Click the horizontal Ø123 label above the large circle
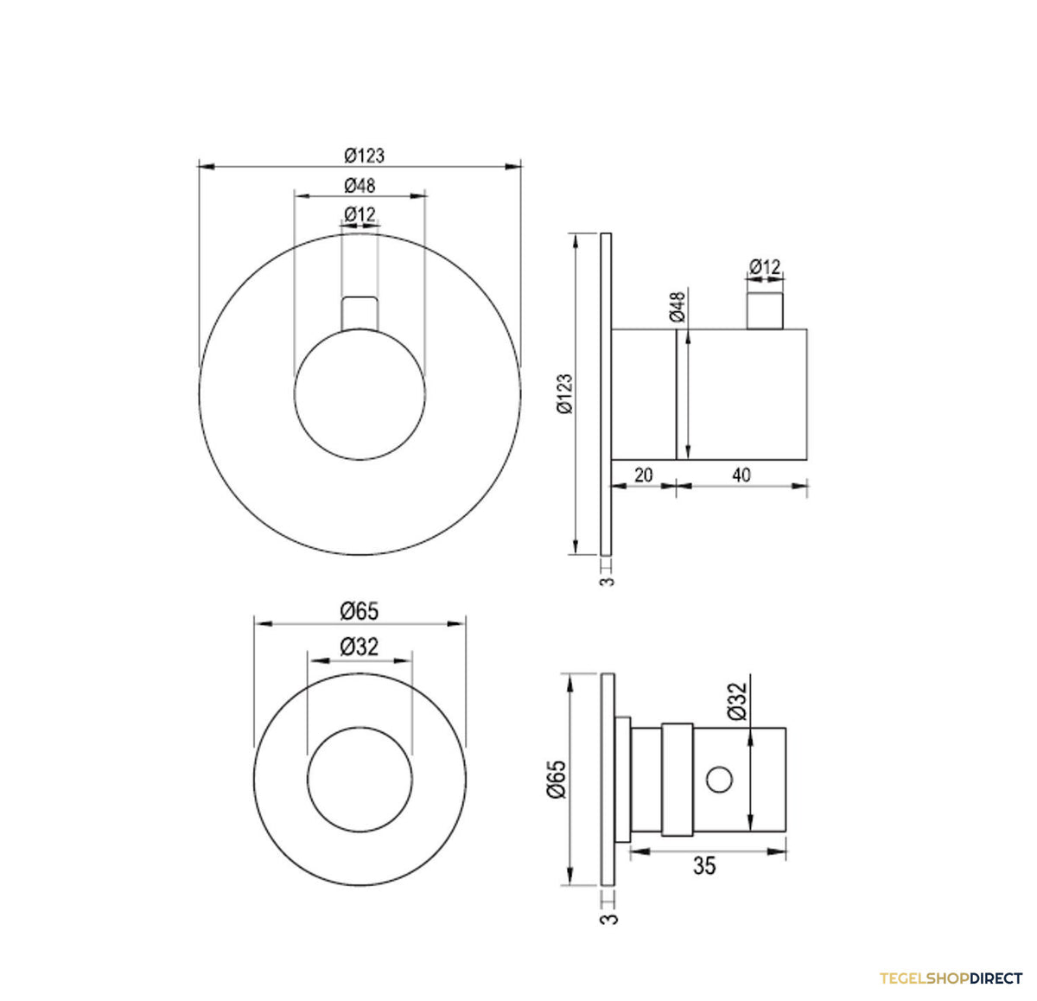click(365, 156)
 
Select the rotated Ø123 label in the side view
click(564, 394)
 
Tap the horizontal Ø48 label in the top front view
click(359, 186)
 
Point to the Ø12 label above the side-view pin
click(765, 266)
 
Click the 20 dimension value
click(644, 475)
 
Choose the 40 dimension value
click(741, 475)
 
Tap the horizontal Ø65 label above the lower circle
click(359, 611)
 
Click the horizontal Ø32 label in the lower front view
click(359, 647)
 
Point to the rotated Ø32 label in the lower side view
click(738, 701)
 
